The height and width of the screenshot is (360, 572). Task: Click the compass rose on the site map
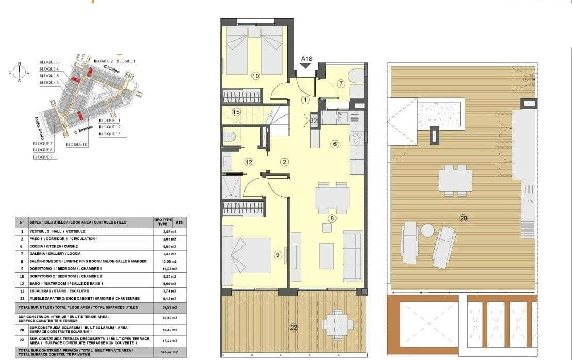click(20, 72)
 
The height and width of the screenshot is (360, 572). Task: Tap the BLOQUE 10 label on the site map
click(77, 145)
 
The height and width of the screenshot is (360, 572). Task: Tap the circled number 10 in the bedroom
click(256, 76)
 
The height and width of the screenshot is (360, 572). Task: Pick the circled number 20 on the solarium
click(463, 218)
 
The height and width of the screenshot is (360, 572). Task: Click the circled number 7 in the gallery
click(341, 83)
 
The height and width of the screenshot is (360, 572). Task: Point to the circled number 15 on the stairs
click(236, 112)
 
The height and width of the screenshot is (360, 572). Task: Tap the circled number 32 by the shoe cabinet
click(314, 121)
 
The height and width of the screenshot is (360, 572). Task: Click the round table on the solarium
click(427, 230)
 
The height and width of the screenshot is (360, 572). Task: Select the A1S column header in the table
click(179, 222)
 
